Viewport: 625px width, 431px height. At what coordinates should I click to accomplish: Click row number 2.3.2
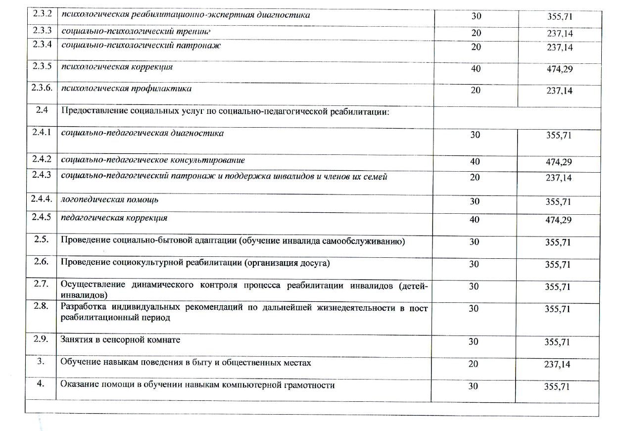42,15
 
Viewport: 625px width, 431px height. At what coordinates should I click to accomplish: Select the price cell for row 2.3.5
559,69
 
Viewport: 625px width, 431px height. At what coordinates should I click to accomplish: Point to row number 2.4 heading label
42,111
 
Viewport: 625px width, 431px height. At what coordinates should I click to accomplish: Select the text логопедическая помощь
109,200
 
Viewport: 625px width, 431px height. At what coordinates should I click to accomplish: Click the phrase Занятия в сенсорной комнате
120,340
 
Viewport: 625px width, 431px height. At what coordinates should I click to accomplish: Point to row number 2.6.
42,262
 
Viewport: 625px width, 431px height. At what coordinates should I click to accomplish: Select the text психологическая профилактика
126,89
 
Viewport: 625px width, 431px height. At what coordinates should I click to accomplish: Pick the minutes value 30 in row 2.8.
474,308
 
